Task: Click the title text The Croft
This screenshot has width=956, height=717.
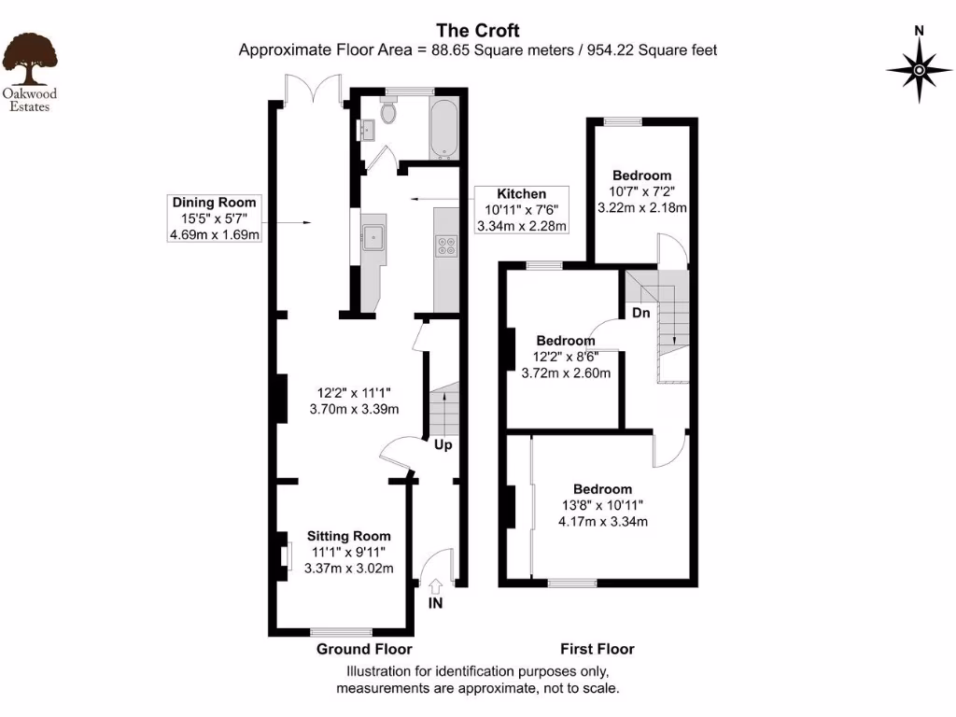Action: click(x=477, y=30)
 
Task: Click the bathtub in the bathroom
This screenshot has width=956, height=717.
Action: click(x=442, y=127)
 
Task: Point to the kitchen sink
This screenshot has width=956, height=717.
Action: click(x=374, y=235)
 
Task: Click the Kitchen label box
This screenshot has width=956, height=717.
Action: click(x=522, y=210)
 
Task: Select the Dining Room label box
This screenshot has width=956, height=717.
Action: click(x=214, y=218)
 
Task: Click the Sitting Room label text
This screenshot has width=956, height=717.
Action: click(x=349, y=536)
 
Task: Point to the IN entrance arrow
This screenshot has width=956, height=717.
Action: click(x=435, y=586)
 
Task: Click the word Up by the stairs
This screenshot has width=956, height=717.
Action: click(x=443, y=445)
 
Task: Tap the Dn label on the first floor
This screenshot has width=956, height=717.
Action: click(x=640, y=313)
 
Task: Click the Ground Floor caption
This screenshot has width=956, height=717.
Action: click(x=364, y=649)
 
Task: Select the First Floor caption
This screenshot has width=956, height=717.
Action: click(x=597, y=649)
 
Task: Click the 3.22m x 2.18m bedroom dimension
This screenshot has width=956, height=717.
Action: click(x=641, y=207)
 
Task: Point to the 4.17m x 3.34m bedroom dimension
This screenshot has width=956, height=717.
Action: click(x=602, y=521)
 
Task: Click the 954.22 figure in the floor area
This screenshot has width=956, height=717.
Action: click(x=616, y=50)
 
